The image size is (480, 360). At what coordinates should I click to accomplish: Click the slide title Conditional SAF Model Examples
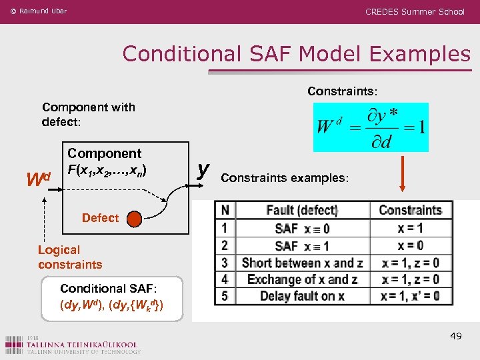(x=296, y=53)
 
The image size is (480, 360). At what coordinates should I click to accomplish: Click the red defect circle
(x=135, y=218)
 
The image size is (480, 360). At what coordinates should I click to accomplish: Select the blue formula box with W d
(x=371, y=127)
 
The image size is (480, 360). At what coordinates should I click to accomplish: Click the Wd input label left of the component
(x=37, y=179)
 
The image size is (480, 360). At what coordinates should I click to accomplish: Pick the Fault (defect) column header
(x=301, y=210)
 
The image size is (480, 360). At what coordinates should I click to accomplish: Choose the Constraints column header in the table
(x=410, y=210)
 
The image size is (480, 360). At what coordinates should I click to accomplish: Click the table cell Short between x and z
(x=301, y=263)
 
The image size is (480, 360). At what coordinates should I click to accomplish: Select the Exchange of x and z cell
(x=301, y=279)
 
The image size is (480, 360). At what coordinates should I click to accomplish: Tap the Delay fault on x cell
(x=301, y=296)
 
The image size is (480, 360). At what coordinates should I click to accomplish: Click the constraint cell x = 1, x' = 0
(x=410, y=296)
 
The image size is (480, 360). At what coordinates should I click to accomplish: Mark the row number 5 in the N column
(x=225, y=296)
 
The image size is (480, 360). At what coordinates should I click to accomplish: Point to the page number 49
(x=455, y=336)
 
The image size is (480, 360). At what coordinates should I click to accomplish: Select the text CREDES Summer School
(x=415, y=12)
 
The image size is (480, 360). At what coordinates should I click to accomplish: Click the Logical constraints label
(x=70, y=257)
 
